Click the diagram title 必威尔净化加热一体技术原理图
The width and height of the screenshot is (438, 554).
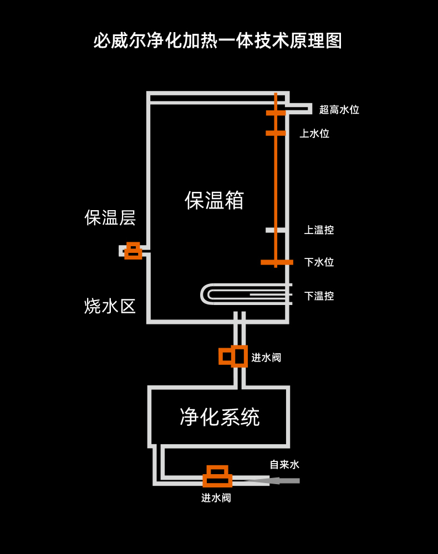coord(217,40)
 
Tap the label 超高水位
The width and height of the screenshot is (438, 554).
coord(339,110)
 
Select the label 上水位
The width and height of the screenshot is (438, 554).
coord(314,134)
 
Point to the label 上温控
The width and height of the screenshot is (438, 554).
coord(319,230)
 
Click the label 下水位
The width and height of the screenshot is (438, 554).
coord(319,262)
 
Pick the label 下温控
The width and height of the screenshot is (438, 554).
coord(319,296)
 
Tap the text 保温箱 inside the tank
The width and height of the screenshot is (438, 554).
coord(215,200)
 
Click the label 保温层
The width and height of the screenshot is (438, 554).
coord(110,217)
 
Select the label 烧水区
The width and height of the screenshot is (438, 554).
coord(110,306)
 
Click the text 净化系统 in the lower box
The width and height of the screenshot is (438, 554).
coord(220,417)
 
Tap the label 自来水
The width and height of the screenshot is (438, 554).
coord(284,465)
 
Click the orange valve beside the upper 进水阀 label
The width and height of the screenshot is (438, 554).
coord(233,356)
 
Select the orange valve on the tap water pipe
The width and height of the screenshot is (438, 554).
coord(217,476)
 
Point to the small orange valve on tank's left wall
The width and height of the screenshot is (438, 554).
coord(133,251)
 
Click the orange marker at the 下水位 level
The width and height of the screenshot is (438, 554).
coord(277,262)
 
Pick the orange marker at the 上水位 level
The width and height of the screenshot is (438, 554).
coord(276,133)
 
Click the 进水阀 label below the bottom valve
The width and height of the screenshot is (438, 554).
coord(216,498)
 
